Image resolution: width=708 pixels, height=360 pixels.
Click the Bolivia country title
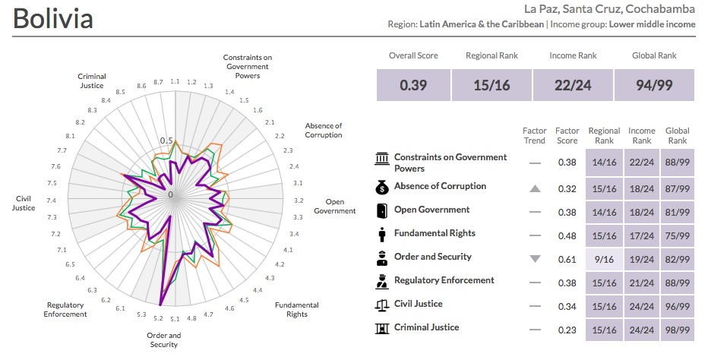[x=53, y=18]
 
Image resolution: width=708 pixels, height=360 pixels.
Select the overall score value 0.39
[x=413, y=85]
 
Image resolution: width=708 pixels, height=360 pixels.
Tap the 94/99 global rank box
[x=654, y=85]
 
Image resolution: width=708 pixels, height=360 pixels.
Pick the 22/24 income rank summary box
[x=573, y=85]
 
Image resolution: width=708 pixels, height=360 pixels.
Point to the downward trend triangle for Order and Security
[x=535, y=259]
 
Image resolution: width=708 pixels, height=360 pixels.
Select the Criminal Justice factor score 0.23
[x=567, y=330]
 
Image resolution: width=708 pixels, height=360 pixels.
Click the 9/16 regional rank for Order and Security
[x=605, y=259]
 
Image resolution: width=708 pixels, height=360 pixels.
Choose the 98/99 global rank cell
[x=677, y=330]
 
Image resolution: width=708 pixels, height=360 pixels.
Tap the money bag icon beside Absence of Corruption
[x=381, y=187]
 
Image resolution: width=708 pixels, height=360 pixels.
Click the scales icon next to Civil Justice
[x=381, y=305]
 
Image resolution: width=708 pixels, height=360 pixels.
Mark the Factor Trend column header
[x=535, y=136]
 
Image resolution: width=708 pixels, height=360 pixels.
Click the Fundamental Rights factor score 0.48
[x=567, y=235]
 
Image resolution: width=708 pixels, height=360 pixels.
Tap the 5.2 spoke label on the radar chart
[x=158, y=319]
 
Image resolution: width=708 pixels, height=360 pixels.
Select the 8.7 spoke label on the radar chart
[x=158, y=82]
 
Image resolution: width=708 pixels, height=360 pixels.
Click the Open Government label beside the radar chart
[x=334, y=206]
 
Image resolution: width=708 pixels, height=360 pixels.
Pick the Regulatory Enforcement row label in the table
[x=444, y=280]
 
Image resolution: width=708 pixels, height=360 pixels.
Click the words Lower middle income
[x=653, y=24]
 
